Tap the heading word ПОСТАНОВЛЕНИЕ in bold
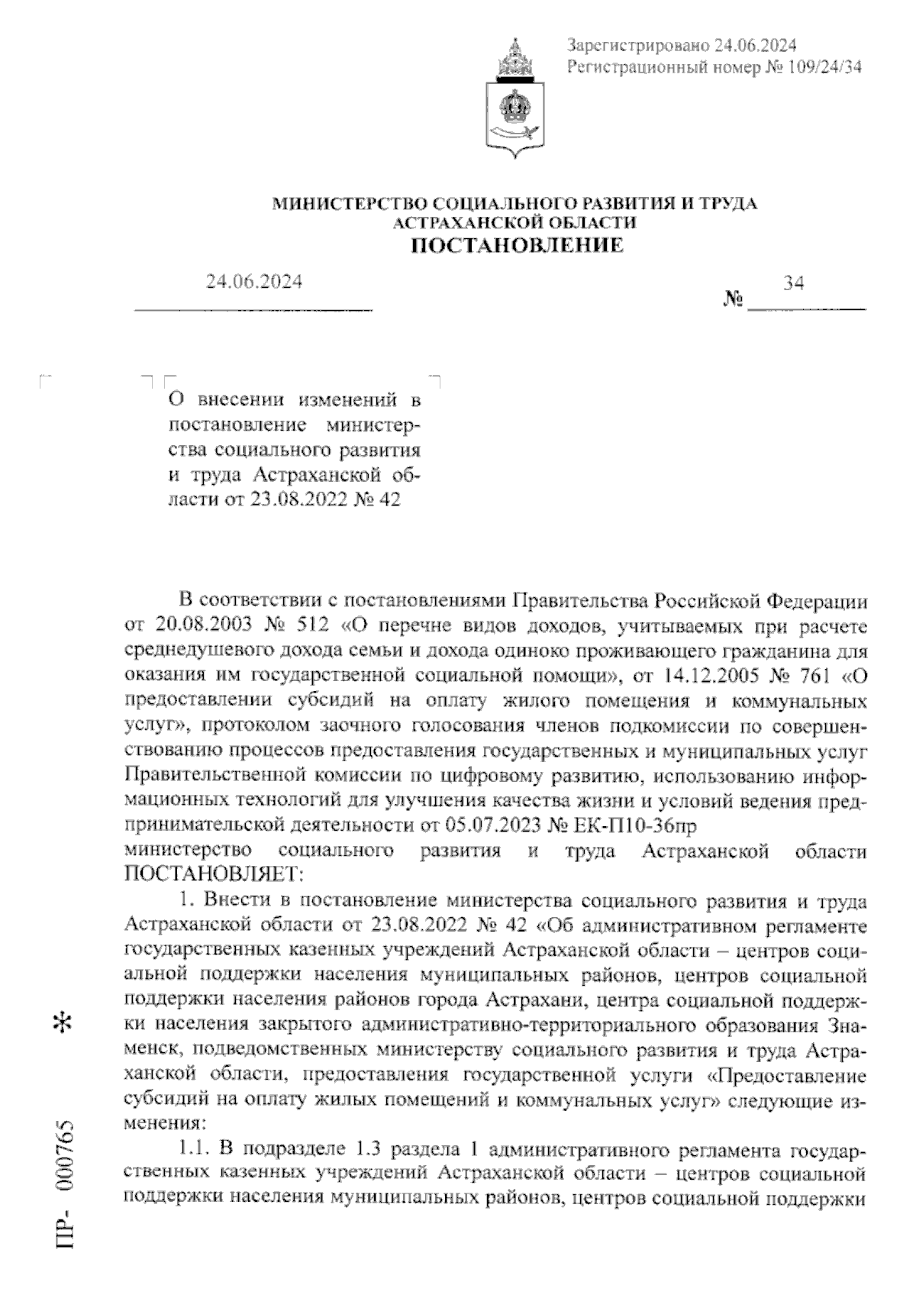(517, 245)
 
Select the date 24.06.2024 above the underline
(253, 282)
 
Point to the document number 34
(793, 283)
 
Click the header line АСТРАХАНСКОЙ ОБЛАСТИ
(514, 222)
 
